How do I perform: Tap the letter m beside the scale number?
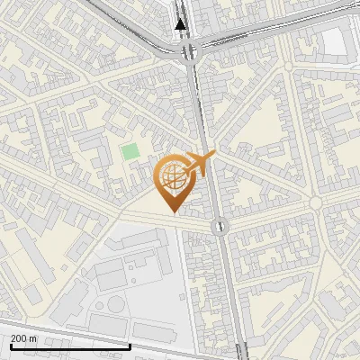click(x=33, y=338)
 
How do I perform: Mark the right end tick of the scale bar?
click(x=130, y=346)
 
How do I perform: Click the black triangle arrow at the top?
click(x=182, y=24)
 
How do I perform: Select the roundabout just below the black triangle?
click(x=188, y=52)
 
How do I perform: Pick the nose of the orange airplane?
click(x=213, y=157)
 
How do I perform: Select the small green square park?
click(x=130, y=151)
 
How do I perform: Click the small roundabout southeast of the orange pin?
click(x=219, y=226)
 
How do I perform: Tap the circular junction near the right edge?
click(x=315, y=204)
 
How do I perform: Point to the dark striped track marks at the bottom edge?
click(x=238, y=353)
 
